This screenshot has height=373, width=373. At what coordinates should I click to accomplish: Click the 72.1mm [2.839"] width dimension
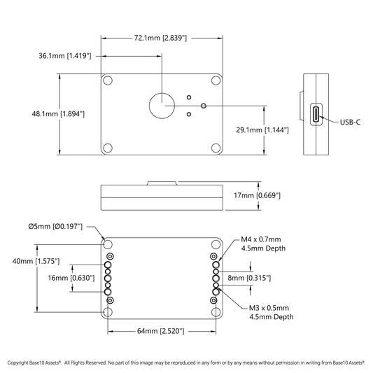(160, 38)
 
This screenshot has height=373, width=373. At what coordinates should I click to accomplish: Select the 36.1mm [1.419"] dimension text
(65, 56)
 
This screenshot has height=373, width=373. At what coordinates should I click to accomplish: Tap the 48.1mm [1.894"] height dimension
(58, 114)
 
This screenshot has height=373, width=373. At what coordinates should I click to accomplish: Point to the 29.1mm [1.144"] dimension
(262, 130)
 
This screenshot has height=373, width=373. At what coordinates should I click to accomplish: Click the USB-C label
(350, 122)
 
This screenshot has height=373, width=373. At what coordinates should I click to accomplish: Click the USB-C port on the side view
(316, 115)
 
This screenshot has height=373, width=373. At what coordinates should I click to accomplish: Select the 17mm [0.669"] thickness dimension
(257, 195)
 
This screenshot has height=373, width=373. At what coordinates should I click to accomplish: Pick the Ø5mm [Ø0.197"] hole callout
(55, 226)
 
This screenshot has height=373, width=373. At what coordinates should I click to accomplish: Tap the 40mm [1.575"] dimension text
(36, 261)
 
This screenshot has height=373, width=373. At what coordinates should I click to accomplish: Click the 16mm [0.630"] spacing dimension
(71, 278)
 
